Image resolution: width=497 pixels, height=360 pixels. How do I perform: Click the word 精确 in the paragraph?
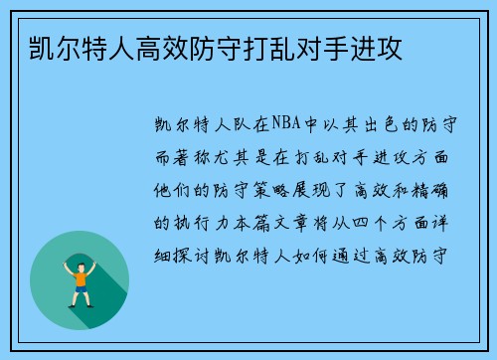click(x=443, y=190)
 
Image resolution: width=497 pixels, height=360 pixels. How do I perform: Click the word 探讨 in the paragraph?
click(x=192, y=253)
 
